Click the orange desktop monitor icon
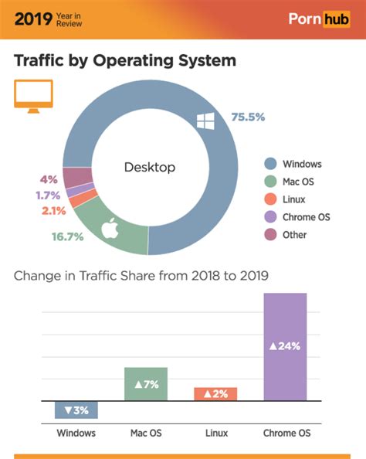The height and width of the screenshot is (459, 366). [32, 97]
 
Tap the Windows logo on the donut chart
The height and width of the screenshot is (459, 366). [205, 121]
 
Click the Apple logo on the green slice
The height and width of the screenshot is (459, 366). [110, 228]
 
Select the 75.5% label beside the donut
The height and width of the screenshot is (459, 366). [248, 117]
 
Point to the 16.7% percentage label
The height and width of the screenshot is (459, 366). [67, 236]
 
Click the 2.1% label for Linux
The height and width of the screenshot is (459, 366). [53, 210]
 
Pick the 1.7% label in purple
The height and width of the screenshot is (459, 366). [48, 195]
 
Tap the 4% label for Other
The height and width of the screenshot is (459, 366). [49, 179]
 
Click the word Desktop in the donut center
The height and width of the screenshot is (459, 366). [150, 167]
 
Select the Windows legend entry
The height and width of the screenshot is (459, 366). [293, 164]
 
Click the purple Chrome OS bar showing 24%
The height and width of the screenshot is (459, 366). [285, 346]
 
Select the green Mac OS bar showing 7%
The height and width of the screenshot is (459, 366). [146, 384]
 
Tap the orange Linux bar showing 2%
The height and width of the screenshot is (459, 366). [215, 394]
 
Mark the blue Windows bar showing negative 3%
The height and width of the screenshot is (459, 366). [76, 410]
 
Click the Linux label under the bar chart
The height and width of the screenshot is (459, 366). [216, 433]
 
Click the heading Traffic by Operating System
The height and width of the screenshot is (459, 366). [125, 59]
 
